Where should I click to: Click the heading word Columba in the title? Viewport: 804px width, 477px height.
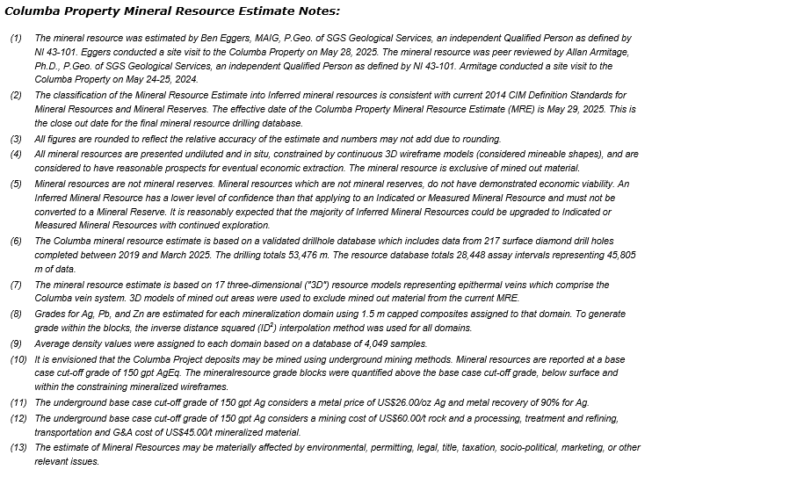[x=35, y=11]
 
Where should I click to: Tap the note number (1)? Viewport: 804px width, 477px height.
[x=17, y=39]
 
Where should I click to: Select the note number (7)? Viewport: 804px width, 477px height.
[x=17, y=286]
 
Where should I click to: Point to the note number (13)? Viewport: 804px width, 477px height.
[x=18, y=447]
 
